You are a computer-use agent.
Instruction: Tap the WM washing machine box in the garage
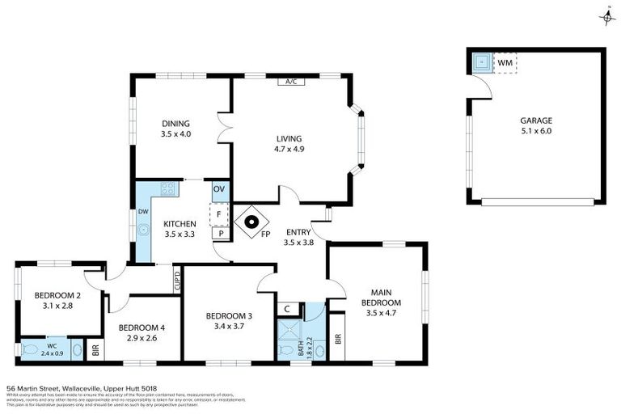pos(505,62)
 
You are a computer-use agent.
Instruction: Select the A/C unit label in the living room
pos(289,82)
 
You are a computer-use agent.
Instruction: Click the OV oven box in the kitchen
pos(218,189)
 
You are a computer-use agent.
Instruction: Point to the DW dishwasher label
pos(142,211)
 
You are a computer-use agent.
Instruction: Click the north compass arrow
pos(606,15)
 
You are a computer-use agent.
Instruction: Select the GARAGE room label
pos(536,120)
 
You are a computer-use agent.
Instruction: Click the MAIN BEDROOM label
pos(382,292)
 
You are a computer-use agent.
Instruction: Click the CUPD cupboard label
pos(177,280)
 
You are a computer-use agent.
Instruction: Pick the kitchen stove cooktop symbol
pos(168,189)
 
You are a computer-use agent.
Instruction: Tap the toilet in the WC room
pos(31,350)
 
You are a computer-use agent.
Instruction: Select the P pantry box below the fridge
pos(218,234)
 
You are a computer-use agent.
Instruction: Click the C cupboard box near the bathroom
pos(287,308)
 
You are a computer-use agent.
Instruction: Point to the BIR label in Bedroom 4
pos(95,351)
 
